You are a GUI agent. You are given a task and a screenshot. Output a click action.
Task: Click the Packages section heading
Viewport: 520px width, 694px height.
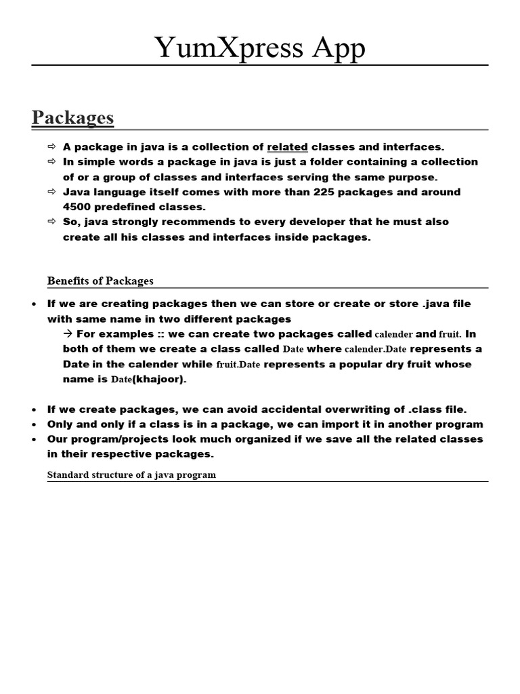[72, 117]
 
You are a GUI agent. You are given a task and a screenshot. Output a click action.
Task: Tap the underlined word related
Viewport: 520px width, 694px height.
[288, 146]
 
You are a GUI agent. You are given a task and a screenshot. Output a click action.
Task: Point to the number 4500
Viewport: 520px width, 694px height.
[78, 207]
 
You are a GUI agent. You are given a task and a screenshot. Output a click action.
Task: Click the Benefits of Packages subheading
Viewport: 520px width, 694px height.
[100, 281]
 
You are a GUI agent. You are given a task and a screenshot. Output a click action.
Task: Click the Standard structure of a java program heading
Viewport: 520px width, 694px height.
[131, 474]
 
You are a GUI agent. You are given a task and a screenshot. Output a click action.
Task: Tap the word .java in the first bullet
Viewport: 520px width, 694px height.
[438, 304]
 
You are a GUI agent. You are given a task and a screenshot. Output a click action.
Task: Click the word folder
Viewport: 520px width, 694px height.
[339, 162]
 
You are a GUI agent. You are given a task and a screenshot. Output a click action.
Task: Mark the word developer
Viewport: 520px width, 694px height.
[331, 222]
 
